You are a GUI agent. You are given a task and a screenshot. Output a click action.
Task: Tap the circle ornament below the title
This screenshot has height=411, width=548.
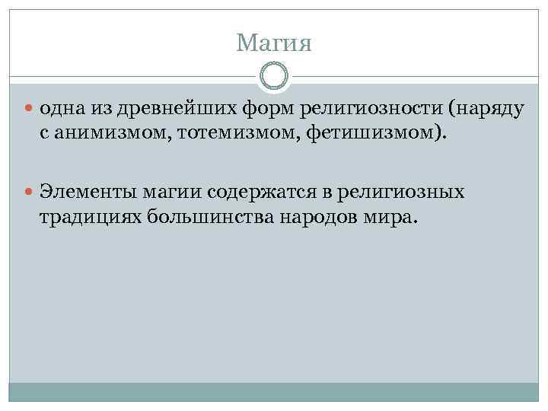(274, 76)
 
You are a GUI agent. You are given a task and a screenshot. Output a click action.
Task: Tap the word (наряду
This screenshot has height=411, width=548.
(486, 109)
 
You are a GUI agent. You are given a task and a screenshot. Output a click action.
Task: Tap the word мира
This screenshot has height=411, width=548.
(391, 217)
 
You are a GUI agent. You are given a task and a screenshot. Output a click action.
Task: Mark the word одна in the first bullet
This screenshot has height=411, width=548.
(59, 109)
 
